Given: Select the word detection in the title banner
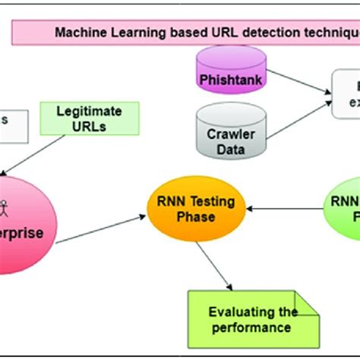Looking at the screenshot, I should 255,32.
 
